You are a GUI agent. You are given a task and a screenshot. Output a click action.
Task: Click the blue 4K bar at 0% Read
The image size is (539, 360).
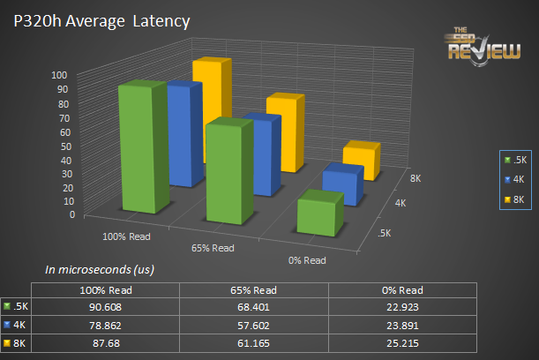coord(341,184)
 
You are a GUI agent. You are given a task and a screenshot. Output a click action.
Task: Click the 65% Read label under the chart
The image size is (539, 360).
coord(213,248)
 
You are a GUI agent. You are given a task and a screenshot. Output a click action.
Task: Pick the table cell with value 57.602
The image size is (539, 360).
coord(252,322)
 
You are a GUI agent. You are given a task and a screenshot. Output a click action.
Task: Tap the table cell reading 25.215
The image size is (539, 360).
coord(403,338)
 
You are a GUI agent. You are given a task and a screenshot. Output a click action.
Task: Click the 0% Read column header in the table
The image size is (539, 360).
coord(403,290)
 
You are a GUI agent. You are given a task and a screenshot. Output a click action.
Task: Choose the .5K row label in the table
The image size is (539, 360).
coord(20,306)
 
